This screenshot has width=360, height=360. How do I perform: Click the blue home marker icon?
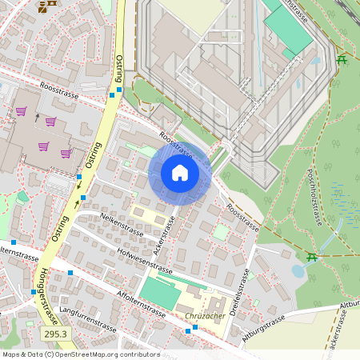180,173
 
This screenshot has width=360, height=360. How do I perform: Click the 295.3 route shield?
54,333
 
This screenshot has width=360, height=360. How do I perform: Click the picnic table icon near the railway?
342,59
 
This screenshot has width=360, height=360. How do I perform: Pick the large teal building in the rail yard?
287,30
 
